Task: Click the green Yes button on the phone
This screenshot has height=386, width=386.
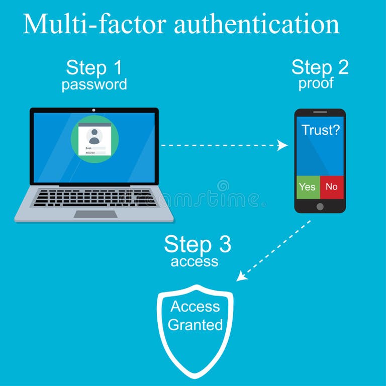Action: click(307, 187)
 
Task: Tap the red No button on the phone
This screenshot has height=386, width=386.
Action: click(332, 187)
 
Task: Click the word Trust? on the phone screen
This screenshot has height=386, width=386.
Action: click(320, 130)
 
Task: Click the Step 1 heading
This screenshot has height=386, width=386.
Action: click(94, 67)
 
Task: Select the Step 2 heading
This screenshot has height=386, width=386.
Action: click(320, 67)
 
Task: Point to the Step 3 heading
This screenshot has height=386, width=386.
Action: click(198, 244)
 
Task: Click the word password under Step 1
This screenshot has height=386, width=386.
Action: click(94, 84)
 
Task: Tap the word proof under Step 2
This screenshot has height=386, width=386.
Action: click(316, 83)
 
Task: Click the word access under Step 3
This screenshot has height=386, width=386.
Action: click(195, 261)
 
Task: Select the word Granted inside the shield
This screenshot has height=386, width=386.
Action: click(195, 325)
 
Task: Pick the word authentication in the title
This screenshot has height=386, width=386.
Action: click(257, 24)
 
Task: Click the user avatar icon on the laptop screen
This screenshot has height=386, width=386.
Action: click(94, 136)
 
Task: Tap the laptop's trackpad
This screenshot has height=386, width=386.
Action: click(95, 214)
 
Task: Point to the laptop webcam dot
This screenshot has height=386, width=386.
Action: click(94, 110)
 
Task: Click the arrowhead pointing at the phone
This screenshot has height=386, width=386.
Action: click(283, 145)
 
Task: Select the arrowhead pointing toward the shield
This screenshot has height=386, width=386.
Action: click(242, 276)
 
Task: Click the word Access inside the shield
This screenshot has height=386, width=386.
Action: click(195, 306)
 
